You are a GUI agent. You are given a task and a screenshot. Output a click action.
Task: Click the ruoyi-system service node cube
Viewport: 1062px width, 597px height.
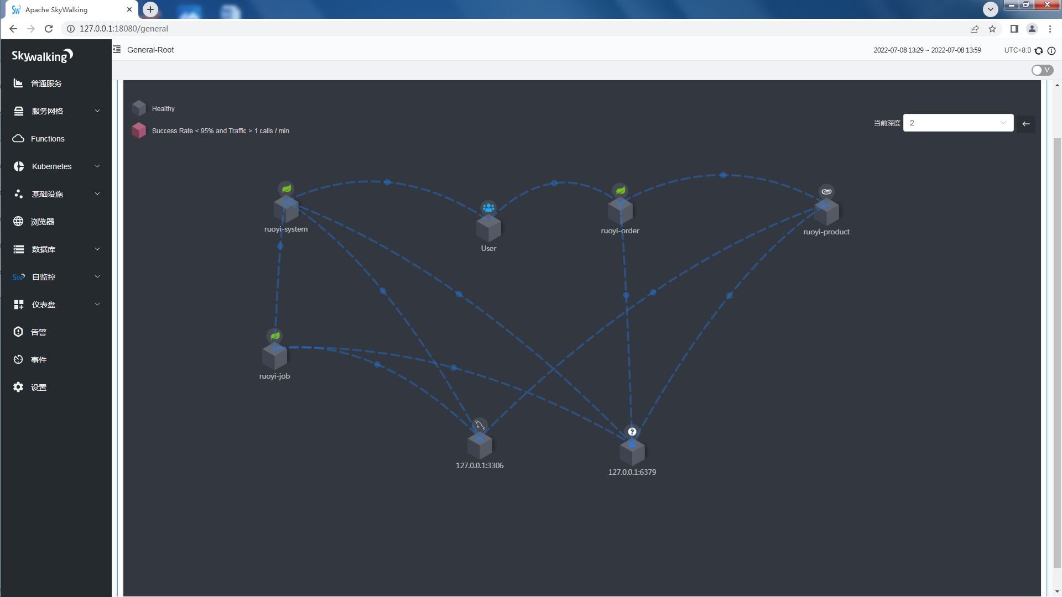(286, 210)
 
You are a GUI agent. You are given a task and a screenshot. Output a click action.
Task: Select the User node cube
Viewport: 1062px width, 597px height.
(488, 228)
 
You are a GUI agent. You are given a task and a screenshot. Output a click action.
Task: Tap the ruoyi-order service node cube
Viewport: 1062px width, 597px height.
(620, 211)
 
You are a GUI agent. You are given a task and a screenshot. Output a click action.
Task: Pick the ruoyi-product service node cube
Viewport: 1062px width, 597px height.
(826, 212)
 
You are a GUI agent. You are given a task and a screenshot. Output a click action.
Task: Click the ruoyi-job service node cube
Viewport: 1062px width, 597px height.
(274, 357)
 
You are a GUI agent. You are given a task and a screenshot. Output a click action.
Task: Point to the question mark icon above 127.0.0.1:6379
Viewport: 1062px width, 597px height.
(632, 432)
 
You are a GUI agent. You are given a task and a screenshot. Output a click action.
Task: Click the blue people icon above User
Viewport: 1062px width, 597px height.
(488, 208)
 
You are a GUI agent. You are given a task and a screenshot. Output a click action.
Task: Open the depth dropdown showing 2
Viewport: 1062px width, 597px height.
(958, 123)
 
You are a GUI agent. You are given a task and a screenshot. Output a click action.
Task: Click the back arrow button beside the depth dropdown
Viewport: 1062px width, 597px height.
(1026, 124)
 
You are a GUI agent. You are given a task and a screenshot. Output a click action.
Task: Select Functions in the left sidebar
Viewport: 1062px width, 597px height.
(48, 139)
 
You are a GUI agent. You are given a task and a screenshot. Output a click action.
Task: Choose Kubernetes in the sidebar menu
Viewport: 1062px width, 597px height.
(51, 166)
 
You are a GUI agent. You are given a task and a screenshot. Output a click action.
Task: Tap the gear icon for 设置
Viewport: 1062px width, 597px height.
(18, 387)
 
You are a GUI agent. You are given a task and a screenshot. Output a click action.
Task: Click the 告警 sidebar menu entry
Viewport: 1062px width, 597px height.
(39, 332)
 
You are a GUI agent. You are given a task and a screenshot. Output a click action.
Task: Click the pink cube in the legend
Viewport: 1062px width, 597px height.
(139, 130)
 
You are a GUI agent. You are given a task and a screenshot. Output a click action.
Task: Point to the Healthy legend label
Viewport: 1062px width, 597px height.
(163, 109)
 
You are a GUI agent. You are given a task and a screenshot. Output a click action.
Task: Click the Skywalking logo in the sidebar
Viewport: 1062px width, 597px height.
(43, 56)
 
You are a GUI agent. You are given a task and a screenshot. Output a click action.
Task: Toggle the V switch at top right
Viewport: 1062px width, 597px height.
(1042, 70)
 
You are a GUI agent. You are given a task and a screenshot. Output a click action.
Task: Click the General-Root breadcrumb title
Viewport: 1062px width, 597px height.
(150, 50)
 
